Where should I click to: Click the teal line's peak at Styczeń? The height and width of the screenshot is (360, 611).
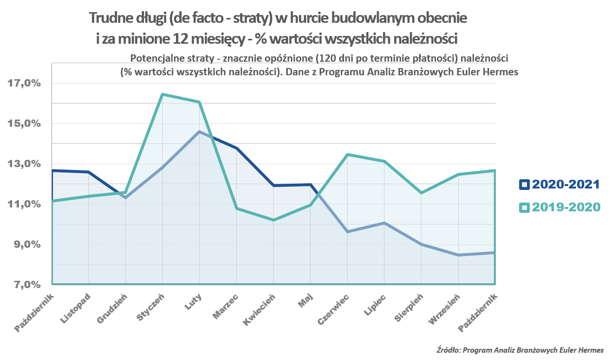tap(162, 94)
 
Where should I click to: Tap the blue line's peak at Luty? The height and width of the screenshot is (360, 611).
tap(199, 132)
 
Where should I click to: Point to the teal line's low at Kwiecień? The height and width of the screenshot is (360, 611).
tap(273, 220)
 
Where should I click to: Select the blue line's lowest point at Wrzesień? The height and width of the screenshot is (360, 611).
tap(457, 255)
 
